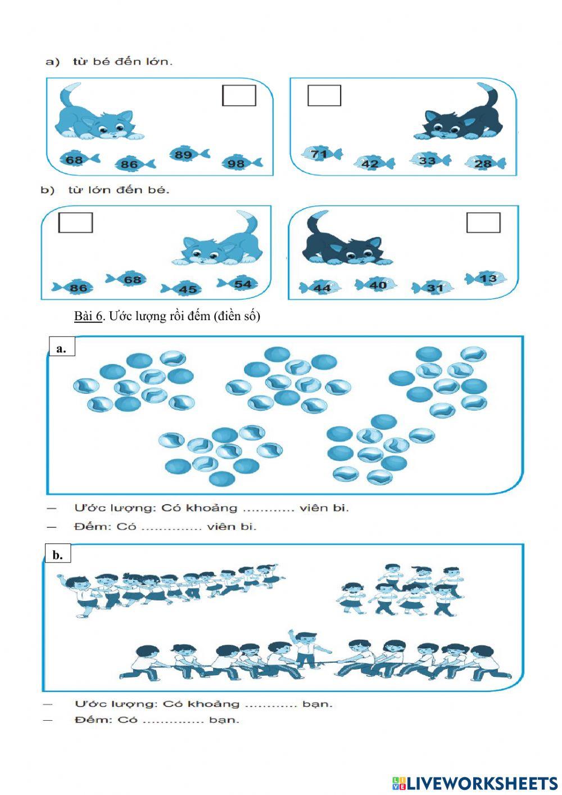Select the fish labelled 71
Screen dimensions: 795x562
tap(321, 154)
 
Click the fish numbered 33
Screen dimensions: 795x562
tap(429, 160)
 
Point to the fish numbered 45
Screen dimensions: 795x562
tap(185, 289)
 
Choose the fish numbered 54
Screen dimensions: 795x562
tap(239, 284)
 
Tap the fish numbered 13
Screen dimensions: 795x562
tap(486, 279)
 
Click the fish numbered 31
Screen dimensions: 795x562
tap(433, 288)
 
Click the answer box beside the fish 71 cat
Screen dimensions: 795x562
tap(324, 96)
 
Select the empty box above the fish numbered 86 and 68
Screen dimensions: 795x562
tap(75, 222)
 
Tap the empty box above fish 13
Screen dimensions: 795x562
tap(483, 223)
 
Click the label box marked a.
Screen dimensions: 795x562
tap(61, 348)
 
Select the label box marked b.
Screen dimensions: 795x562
tap(58, 555)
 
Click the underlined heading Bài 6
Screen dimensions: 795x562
tap(88, 316)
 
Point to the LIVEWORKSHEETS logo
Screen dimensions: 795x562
tap(475, 783)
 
